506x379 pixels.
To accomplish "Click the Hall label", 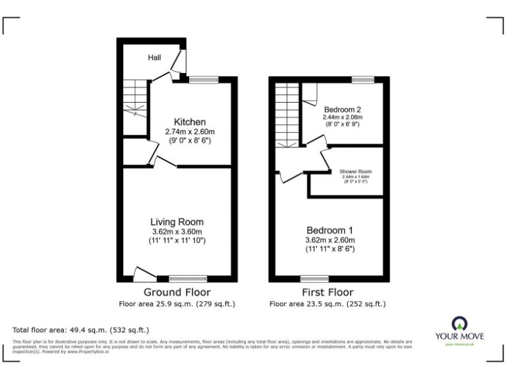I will tap(154, 58).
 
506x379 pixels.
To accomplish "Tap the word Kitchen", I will tap(190, 122).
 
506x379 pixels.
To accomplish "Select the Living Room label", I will tap(177, 222).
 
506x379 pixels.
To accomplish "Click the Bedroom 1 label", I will tap(330, 230).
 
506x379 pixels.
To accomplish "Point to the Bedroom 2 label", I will tap(342, 109).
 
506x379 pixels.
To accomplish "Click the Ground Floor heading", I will tap(177, 292).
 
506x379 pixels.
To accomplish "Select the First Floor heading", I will tap(327, 292).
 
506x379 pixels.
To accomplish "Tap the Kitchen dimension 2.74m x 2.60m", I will tap(190, 132).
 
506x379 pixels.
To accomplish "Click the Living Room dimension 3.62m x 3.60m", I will tap(177, 232).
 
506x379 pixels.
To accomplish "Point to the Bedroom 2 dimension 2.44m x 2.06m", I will tap(342, 117).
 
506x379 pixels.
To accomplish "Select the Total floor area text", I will tap(81, 329).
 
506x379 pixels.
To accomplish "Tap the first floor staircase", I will tap(286, 115).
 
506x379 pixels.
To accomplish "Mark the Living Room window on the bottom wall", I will tap(188, 278).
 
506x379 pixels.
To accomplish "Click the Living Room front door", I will tap(142, 273).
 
